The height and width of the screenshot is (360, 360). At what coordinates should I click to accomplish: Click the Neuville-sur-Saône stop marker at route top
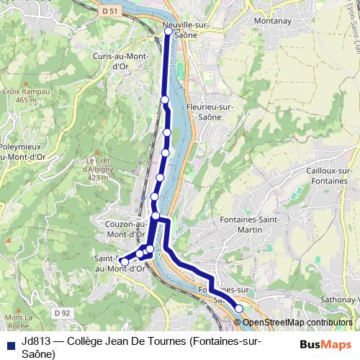168,31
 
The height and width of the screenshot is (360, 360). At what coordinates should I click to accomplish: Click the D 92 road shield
61,312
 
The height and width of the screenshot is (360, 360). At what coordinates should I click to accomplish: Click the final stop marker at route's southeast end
239,308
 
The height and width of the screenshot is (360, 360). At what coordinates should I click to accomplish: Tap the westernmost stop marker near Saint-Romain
124,262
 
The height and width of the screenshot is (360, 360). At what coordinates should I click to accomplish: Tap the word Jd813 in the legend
35,342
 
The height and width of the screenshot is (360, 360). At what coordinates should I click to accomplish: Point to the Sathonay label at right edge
341,300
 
